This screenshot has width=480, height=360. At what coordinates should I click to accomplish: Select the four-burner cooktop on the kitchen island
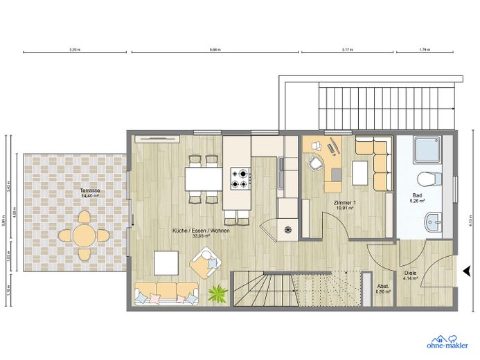tap(241, 179)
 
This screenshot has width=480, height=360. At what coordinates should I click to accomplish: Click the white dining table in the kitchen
tap(204, 179)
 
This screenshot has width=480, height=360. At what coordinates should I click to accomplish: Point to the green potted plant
tap(217, 294)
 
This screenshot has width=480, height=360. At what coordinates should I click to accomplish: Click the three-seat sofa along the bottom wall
tap(167, 291)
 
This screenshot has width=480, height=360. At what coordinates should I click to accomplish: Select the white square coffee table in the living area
tap(166, 262)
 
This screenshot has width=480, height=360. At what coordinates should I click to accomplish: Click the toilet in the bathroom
tap(429, 178)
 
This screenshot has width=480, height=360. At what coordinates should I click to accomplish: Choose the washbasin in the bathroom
tap(435, 222)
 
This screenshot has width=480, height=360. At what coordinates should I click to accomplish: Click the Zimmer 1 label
tap(344, 204)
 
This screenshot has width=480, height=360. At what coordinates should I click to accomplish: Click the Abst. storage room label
tap(383, 289)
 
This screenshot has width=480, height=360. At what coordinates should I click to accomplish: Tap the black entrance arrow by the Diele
tap(463, 271)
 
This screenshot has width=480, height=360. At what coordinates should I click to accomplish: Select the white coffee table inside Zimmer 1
tap(360, 172)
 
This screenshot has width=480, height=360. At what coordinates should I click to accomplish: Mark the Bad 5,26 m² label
tap(417, 197)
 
